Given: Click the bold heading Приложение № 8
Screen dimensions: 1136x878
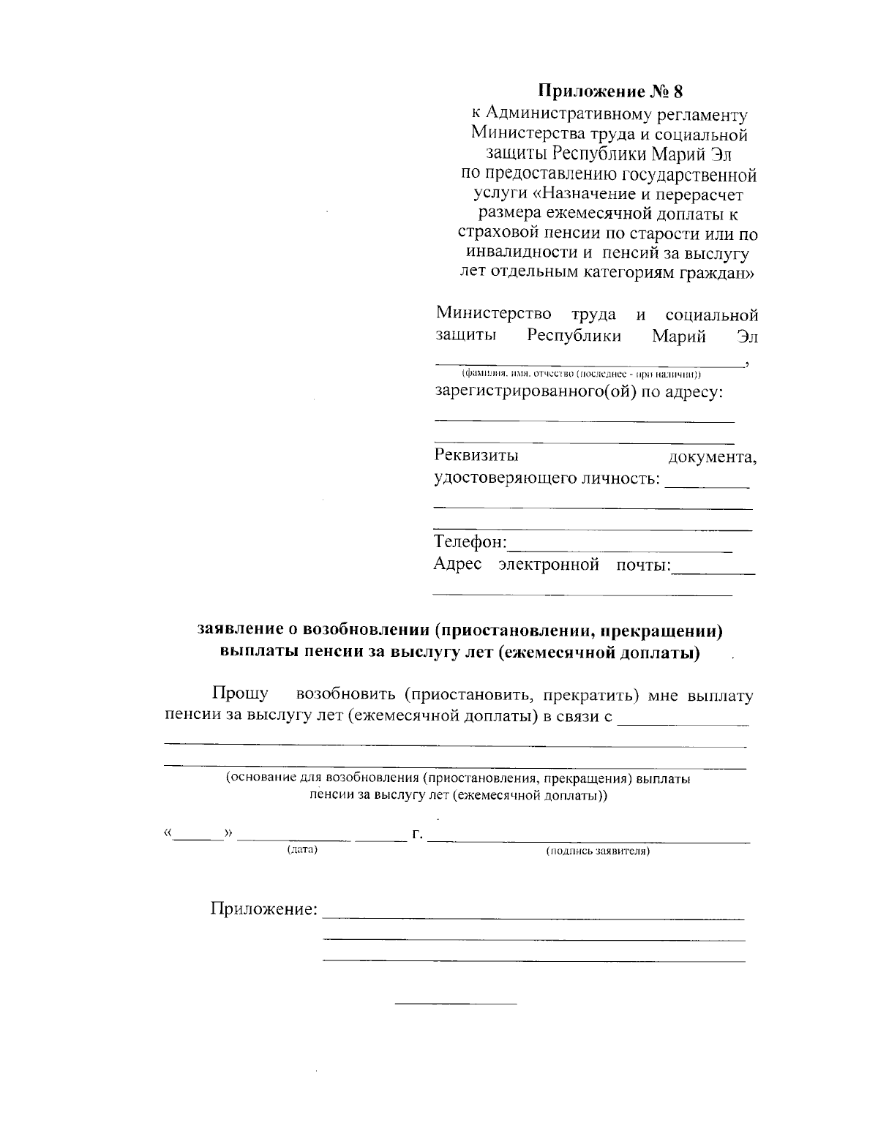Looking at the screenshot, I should coord(609,91).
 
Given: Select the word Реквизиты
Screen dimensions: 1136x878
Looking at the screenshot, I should coord(476,456).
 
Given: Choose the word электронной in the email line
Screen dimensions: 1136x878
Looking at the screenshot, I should coord(549,564).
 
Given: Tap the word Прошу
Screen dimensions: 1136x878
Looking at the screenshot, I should coord(240,693).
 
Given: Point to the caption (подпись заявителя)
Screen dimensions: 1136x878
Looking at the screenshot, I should coord(598,851).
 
